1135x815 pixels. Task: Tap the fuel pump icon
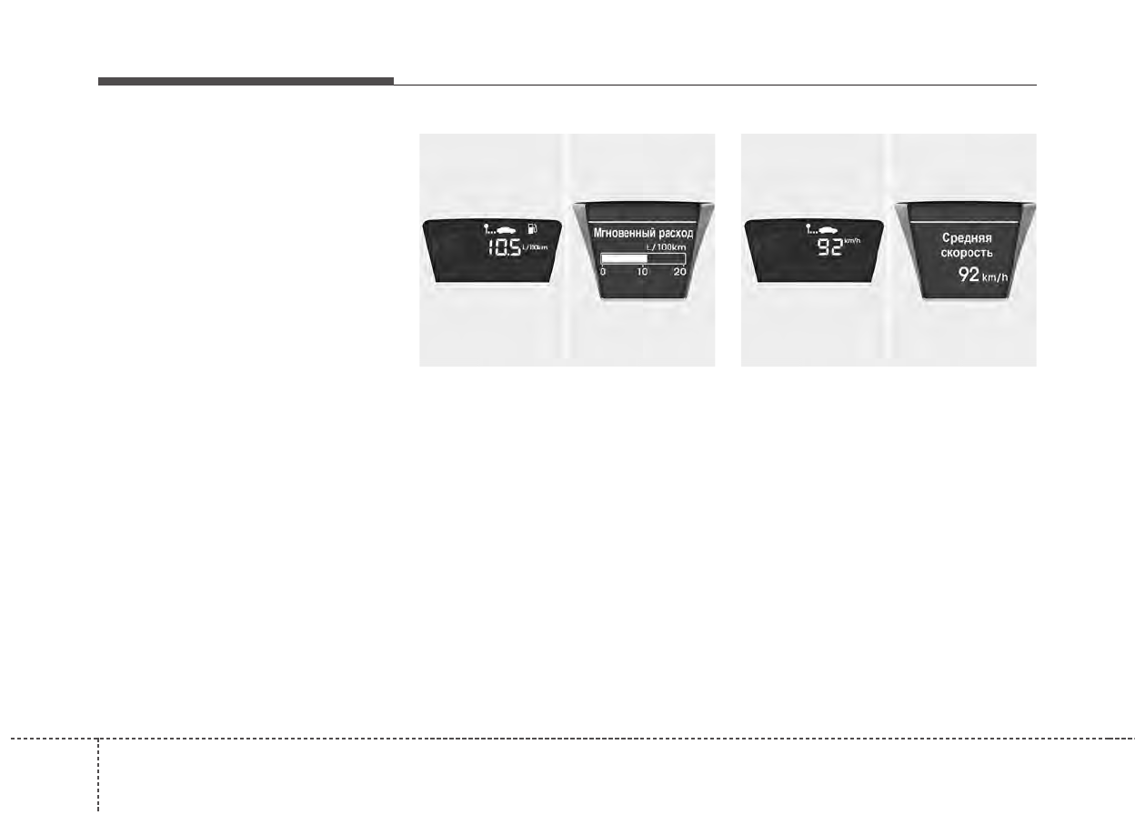(x=531, y=227)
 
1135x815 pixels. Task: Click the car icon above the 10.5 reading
(x=500, y=228)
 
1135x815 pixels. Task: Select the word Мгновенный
(x=622, y=233)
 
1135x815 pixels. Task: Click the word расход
(x=674, y=233)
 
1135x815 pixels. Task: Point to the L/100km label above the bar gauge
(x=665, y=247)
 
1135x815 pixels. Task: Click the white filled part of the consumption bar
(x=625, y=258)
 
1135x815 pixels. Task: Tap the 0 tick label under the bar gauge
(x=603, y=272)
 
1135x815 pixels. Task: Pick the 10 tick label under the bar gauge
(x=642, y=272)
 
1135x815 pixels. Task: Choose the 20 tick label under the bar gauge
(x=680, y=272)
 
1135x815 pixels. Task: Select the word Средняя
(x=967, y=237)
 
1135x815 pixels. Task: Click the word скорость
(x=967, y=253)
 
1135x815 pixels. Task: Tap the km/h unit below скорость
(x=995, y=277)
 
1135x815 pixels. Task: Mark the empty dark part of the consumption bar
(x=666, y=258)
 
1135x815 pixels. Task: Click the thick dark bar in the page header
(x=246, y=82)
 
